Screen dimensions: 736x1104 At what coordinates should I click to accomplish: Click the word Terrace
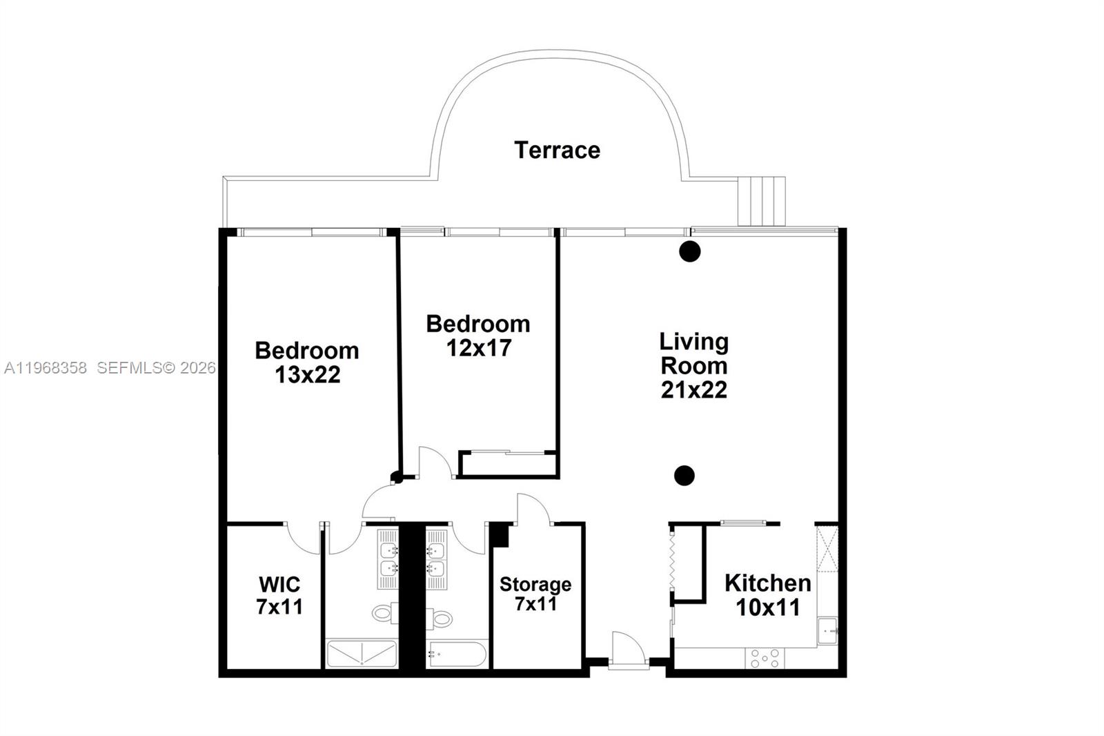(557, 150)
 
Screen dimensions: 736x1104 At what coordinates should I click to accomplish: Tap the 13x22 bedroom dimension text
(307, 375)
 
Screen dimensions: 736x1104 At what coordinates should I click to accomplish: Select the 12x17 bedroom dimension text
(478, 348)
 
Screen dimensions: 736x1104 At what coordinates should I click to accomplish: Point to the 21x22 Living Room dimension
(693, 390)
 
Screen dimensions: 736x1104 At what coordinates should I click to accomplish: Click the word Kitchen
(767, 583)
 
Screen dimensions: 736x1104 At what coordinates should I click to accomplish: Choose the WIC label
(279, 585)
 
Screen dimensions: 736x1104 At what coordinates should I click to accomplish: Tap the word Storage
(535, 585)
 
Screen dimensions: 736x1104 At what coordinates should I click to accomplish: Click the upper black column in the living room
(689, 251)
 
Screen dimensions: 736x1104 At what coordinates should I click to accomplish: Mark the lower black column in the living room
(684, 475)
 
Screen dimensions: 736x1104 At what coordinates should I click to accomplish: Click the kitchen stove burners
(765, 658)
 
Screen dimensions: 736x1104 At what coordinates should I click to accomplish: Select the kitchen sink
(827, 630)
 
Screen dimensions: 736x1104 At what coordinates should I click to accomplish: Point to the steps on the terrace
(761, 201)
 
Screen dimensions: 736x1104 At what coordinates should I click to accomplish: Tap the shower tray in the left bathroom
(362, 654)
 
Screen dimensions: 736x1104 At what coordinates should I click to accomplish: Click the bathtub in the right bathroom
(457, 654)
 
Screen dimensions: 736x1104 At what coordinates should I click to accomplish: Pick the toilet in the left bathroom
(385, 612)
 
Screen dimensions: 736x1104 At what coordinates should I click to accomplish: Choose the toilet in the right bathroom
(439, 618)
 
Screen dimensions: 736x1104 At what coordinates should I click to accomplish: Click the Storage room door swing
(533, 510)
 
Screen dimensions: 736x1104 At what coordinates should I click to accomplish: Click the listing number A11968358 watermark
(46, 368)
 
